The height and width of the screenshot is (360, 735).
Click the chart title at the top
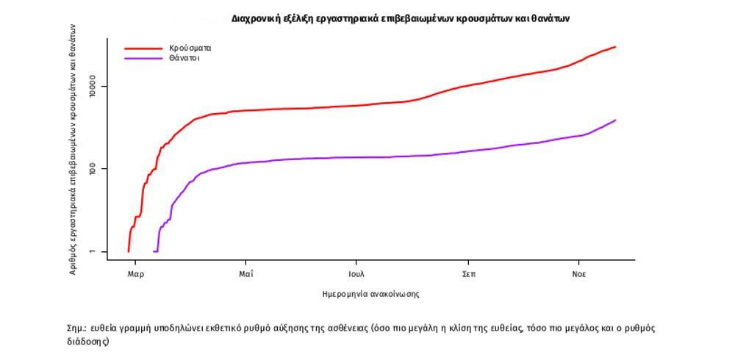point(401,18)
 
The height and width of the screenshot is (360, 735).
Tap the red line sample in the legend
point(143,48)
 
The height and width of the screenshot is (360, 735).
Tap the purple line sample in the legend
point(143,58)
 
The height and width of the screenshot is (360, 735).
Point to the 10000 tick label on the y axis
point(93,87)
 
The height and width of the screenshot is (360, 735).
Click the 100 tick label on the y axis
point(93,169)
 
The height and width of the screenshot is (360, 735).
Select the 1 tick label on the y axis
point(93,252)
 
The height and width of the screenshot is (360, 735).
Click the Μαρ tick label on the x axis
point(136,275)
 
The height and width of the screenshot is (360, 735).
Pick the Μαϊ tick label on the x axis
point(246,275)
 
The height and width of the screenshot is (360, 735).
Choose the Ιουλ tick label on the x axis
point(356,275)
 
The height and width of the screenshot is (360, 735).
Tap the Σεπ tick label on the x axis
point(468,275)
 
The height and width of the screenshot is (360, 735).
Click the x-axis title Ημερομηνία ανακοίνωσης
point(370,294)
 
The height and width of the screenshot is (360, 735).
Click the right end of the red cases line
point(615,47)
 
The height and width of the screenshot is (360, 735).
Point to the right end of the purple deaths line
point(615,120)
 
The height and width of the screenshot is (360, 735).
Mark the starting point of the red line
point(129,251)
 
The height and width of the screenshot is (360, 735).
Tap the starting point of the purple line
point(154,251)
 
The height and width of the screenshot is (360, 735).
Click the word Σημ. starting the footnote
point(76,328)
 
